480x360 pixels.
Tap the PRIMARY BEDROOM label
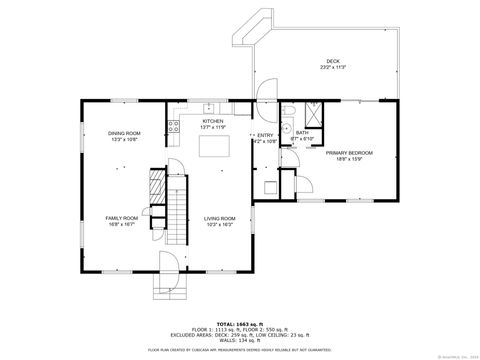point(348,152)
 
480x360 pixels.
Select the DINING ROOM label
point(125,133)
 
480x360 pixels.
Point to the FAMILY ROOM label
point(121,218)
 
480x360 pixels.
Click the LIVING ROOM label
point(220,218)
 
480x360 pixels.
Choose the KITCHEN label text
point(214,121)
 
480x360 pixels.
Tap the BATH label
point(301,132)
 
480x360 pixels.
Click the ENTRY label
point(265,135)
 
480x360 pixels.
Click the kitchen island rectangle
point(214,148)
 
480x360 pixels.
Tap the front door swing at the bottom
point(167,265)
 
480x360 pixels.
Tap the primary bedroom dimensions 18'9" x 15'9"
point(348,158)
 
